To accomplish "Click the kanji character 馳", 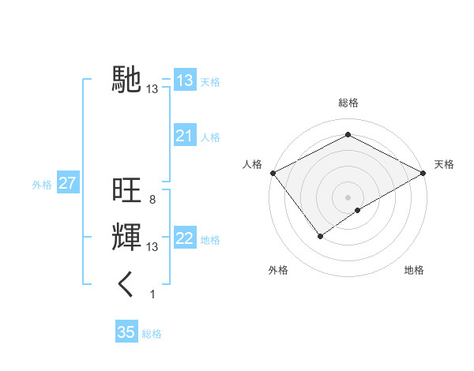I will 126,79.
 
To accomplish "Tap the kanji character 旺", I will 126,190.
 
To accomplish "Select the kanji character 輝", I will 126,237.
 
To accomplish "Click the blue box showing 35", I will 126,332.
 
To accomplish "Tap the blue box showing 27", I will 67,184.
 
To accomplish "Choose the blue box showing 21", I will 184,137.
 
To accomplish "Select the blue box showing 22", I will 184,239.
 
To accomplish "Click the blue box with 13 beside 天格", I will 184,81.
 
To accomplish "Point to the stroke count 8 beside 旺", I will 152,200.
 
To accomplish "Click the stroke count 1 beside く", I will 152,294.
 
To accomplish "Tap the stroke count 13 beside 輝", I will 152,247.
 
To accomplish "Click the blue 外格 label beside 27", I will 42,185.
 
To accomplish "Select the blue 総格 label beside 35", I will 152,334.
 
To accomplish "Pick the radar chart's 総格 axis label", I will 348,103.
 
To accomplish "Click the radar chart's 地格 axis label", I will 414,270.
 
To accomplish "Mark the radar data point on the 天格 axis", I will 424,172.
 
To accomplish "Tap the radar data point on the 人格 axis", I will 272,172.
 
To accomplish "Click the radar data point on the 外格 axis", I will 320,235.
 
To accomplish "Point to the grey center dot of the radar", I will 348,197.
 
